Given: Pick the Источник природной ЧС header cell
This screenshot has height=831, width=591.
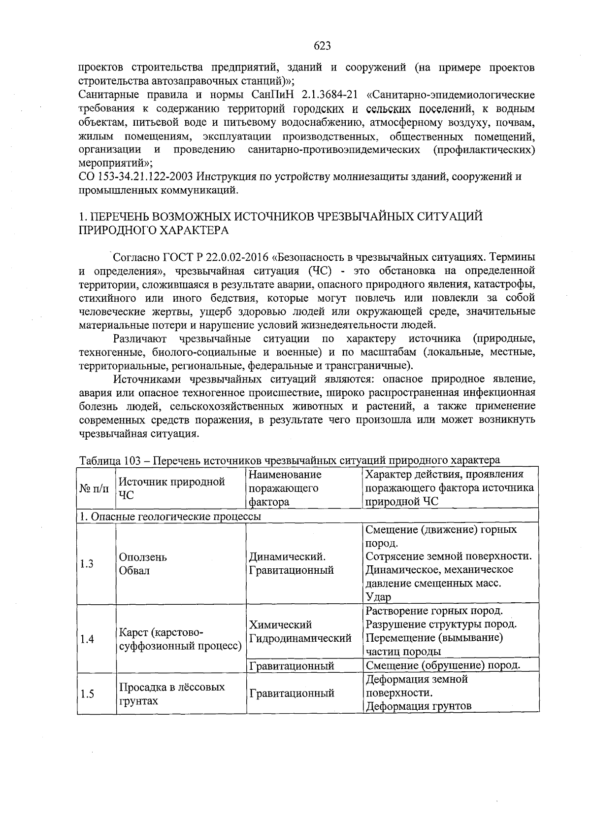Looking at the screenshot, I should tap(171, 488).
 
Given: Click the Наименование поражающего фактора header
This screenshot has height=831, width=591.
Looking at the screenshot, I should tap(285, 488).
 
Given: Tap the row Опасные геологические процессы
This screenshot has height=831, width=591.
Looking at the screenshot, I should tap(171, 516).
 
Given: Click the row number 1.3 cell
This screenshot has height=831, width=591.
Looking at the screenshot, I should tap(87, 564).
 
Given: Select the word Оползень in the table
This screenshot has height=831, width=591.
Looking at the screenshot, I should tap(143, 557).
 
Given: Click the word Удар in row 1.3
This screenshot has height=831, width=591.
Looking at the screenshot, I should tap(378, 597).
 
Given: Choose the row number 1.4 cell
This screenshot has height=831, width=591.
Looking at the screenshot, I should tap(87, 639).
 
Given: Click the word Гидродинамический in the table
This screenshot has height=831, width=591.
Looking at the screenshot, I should tap(300, 639).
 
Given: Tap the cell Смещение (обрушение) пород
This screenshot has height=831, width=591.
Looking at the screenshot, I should tap(443, 665).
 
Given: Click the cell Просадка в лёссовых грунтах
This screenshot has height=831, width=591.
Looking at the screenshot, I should tap(171, 693).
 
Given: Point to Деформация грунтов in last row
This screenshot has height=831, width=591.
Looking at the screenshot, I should tap(418, 706).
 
